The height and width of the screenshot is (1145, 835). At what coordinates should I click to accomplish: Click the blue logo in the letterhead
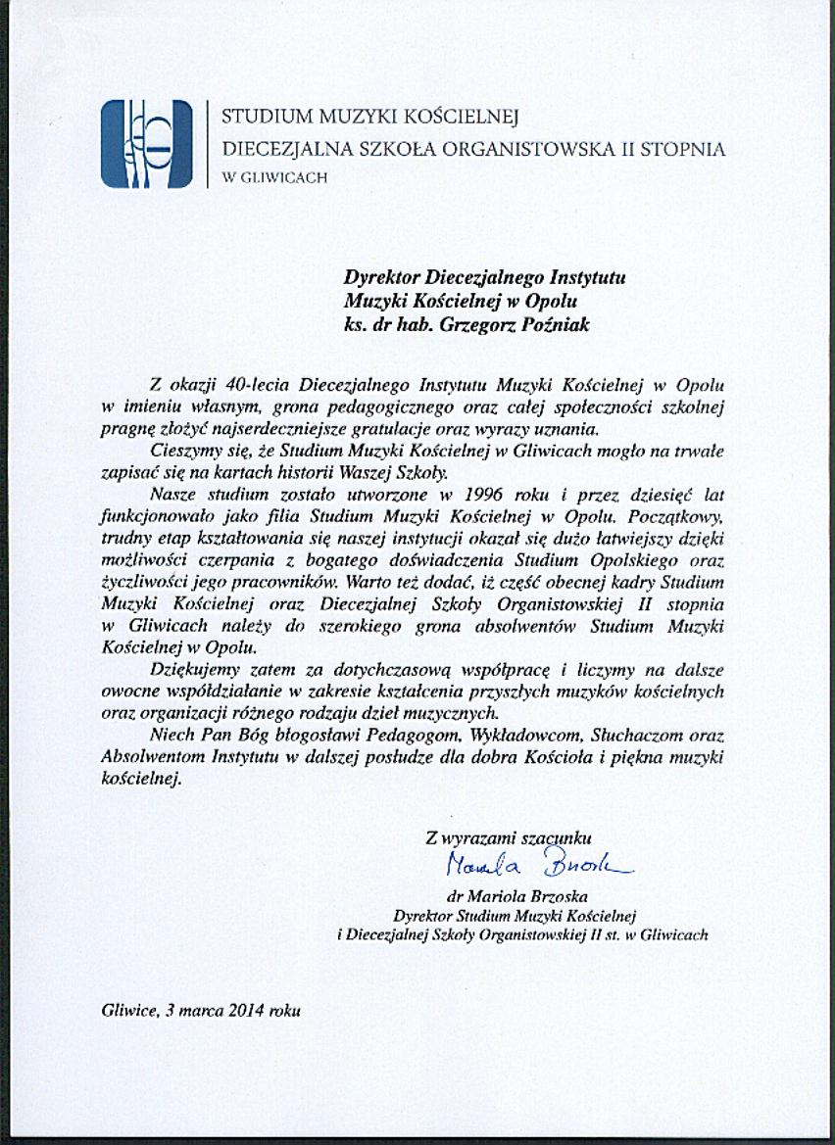coord(146,143)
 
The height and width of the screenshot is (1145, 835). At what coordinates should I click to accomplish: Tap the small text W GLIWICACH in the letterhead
coord(274,178)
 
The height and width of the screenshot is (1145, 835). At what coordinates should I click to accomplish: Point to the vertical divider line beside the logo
coord(209,143)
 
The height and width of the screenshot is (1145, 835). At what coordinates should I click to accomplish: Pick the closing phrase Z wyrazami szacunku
coord(509,837)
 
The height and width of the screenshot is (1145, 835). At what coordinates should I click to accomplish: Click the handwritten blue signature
coord(538,865)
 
